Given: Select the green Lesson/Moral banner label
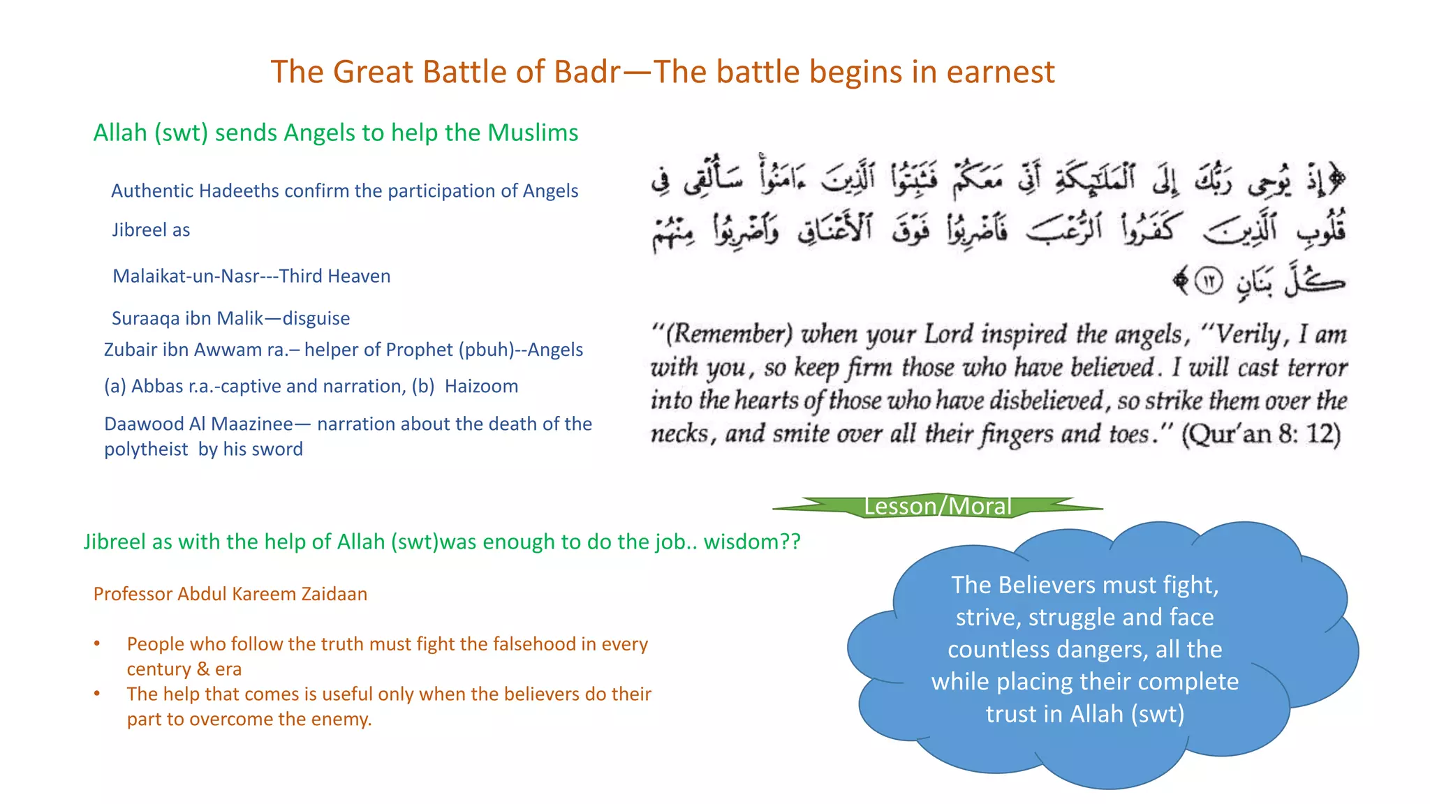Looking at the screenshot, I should [937, 506].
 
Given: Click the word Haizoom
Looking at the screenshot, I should [481, 386].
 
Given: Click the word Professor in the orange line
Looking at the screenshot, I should [133, 594].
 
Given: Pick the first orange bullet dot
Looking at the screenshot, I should [97, 643].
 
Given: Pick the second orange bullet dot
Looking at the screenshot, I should [97, 694].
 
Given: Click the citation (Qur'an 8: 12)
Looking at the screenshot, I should [1260, 434].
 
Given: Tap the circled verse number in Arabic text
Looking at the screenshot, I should [1208, 281].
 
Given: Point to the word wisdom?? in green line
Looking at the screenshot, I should [751, 542].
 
